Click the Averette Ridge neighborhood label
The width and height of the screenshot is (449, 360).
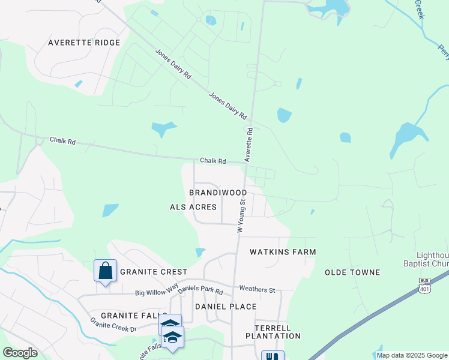[84, 43]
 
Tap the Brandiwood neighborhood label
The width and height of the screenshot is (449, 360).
[218, 193]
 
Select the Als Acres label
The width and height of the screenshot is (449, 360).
[193, 207]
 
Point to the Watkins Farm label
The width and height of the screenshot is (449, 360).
[283, 252]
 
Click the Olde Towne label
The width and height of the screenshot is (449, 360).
[352, 272]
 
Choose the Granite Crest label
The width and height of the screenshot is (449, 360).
[154, 272]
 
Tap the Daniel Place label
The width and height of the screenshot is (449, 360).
[226, 307]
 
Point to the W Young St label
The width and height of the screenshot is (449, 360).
[241, 215]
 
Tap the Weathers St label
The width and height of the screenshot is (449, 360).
[257, 290]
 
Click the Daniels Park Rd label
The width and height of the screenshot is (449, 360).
[200, 290]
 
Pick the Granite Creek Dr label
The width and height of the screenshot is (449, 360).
[113, 325]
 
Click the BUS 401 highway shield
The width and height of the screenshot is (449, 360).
[424, 286]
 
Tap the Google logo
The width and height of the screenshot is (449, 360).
[20, 353]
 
